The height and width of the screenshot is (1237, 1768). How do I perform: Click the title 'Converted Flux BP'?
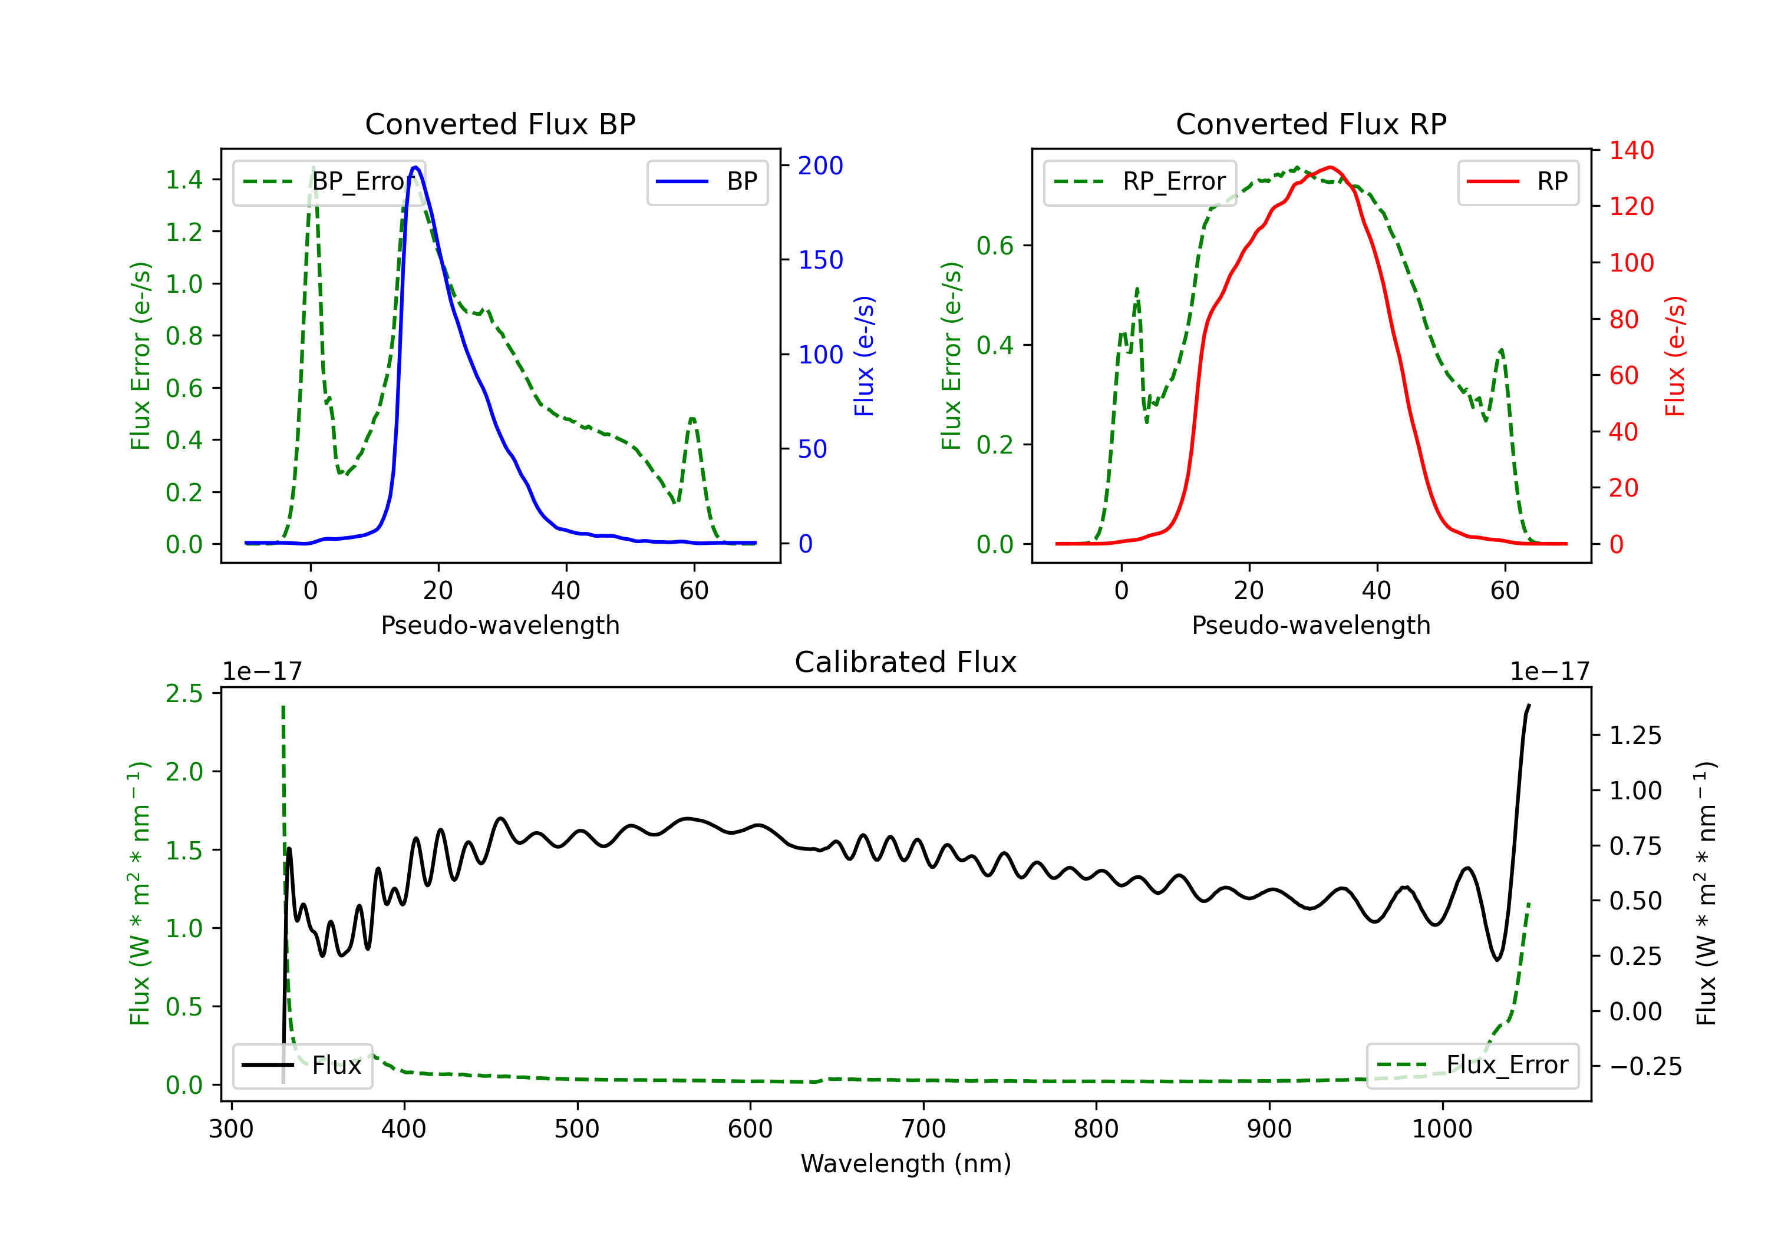point(500,124)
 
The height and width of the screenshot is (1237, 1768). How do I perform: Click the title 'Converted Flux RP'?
point(1311,124)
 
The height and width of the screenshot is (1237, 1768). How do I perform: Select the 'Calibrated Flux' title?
point(906,662)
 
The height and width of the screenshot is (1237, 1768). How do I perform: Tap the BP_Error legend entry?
point(329,181)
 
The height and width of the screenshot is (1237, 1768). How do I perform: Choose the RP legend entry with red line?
point(1517,181)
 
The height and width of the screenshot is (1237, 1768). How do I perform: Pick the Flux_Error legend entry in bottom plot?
point(1472,1066)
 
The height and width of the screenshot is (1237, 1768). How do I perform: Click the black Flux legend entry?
point(302,1066)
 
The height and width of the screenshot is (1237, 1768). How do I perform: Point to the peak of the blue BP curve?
point(415,167)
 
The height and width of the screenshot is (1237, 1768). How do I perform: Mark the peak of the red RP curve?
point(1330,167)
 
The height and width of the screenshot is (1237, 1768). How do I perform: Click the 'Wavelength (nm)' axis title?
point(906,1164)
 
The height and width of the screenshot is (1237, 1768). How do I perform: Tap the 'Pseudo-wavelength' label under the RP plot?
point(1311,625)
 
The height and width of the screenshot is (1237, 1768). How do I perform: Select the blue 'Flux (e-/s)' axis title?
point(864,356)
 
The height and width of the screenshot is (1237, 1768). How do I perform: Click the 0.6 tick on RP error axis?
point(995,246)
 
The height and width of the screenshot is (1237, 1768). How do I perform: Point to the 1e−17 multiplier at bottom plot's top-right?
point(1549,672)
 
